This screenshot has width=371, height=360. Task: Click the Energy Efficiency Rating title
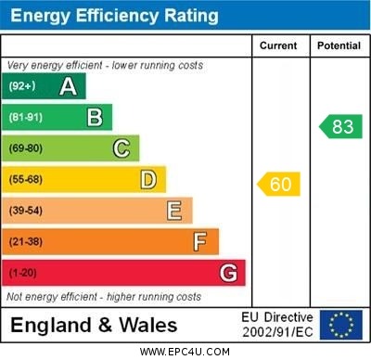[x=114, y=16]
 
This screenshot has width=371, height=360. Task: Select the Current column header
[x=278, y=45]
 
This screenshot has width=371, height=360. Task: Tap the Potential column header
[x=339, y=45]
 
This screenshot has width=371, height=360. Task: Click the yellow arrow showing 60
[x=279, y=185]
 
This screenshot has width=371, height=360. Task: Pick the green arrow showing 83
[x=340, y=127]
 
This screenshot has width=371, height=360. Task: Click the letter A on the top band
[x=68, y=86]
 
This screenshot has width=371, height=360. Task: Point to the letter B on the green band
[x=95, y=117]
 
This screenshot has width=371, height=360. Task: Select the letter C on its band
[x=122, y=148]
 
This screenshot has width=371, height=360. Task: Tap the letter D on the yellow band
[x=147, y=179]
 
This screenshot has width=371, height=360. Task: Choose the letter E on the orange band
[x=173, y=211]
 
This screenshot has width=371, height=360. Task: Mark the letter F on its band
[x=199, y=241]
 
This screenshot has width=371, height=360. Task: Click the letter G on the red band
[x=227, y=273]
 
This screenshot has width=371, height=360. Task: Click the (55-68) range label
[x=26, y=179]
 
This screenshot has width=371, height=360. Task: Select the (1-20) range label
[x=23, y=273]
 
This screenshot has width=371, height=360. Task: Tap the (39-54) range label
[x=26, y=211]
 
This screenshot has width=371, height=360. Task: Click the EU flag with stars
[x=340, y=325]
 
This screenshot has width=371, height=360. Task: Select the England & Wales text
[x=94, y=325]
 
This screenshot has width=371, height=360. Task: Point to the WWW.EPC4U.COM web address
[x=185, y=352]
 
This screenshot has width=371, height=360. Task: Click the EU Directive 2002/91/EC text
[x=277, y=325]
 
